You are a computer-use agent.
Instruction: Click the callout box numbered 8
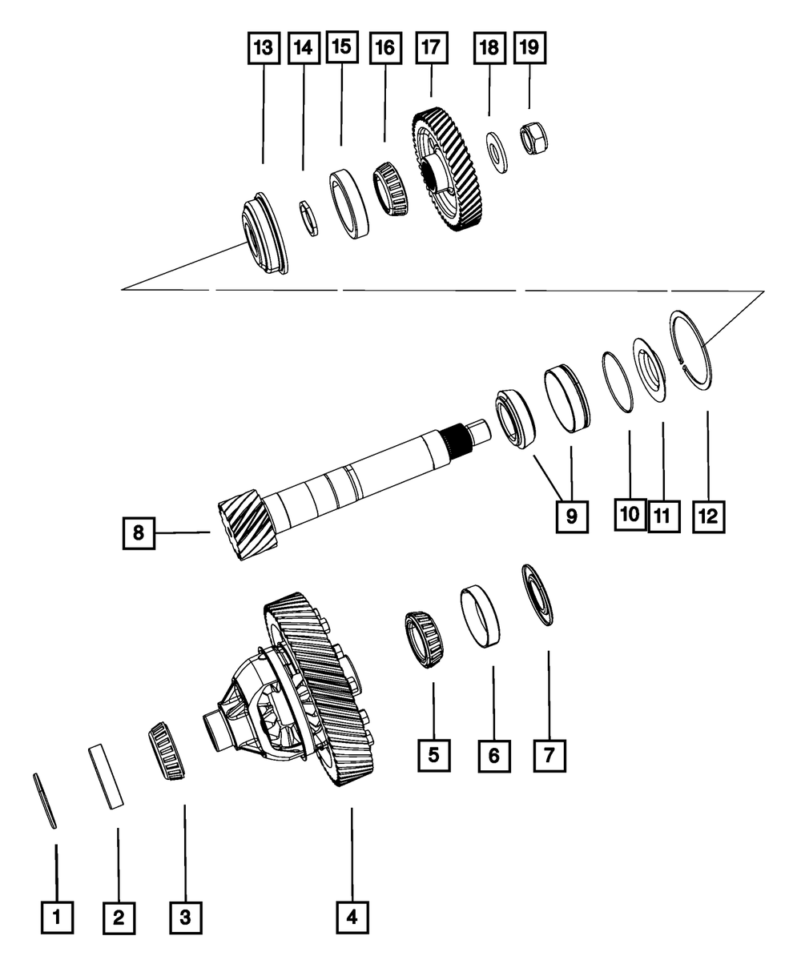click(x=139, y=533)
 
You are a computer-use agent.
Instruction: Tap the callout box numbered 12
click(x=707, y=516)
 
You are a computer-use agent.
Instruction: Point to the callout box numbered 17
click(x=431, y=48)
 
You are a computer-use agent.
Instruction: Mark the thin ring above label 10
click(x=617, y=382)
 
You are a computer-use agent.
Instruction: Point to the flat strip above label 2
click(x=107, y=775)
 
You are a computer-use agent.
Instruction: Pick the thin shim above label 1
click(x=46, y=801)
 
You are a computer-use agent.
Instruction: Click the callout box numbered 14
click(x=303, y=48)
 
